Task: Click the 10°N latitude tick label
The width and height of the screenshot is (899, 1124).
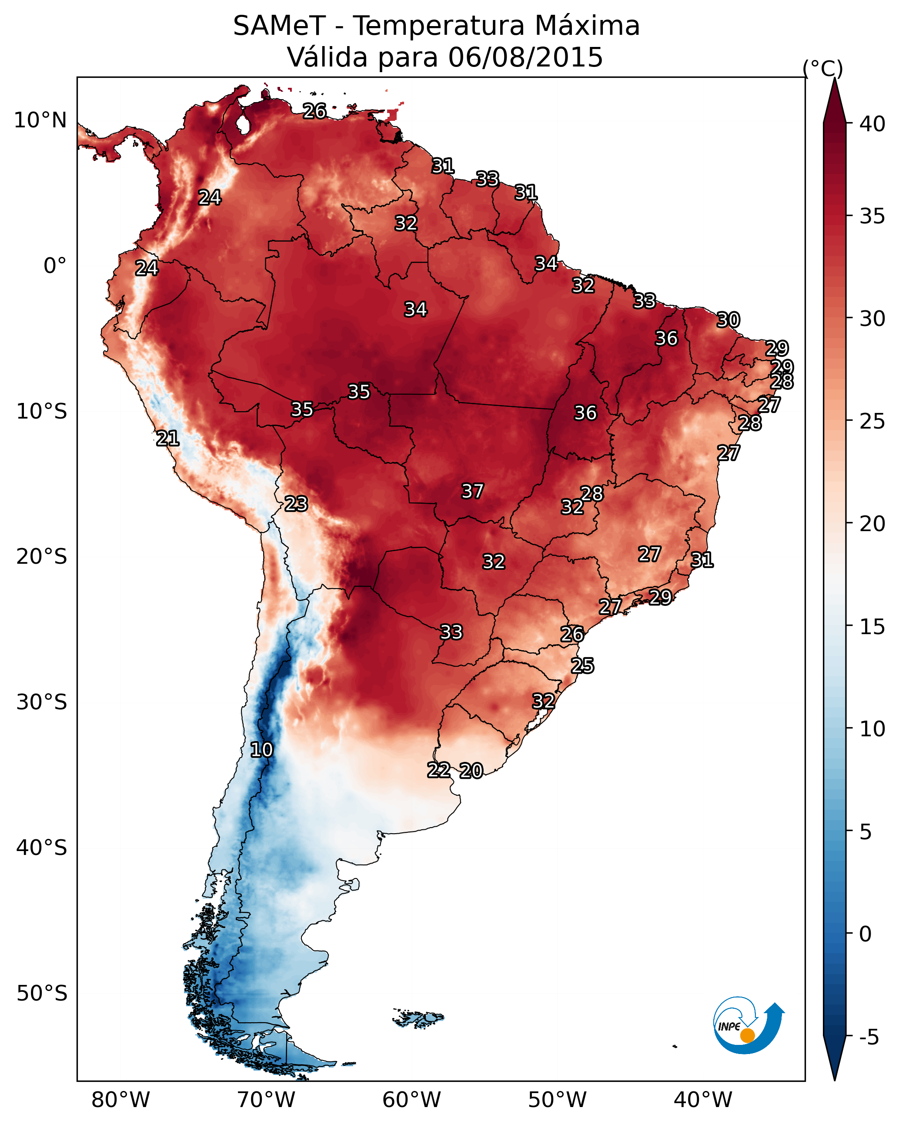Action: (x=40, y=120)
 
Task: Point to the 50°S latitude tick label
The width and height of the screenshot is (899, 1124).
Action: (x=42, y=994)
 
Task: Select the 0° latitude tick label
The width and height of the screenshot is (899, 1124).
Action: (x=55, y=266)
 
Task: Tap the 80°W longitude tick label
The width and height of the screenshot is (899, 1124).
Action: (x=120, y=1100)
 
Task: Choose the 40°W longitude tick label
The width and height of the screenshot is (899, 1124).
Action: (x=703, y=1100)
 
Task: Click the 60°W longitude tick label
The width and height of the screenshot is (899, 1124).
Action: (x=412, y=1100)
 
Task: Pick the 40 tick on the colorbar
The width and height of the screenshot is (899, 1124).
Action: (x=872, y=124)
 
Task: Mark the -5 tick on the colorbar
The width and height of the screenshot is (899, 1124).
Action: (x=869, y=1038)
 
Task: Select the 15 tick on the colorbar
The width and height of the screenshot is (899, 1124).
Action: (x=872, y=627)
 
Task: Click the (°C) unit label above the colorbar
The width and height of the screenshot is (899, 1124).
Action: (x=823, y=68)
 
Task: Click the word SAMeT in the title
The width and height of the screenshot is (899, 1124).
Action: (x=279, y=26)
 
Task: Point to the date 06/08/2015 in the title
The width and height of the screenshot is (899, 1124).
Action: (x=525, y=57)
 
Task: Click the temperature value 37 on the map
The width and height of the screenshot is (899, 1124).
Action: (x=473, y=491)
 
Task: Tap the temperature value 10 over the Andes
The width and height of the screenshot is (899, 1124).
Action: (x=261, y=750)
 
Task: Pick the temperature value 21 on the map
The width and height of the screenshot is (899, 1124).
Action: (x=168, y=439)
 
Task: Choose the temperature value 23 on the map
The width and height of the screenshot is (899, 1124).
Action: (x=296, y=504)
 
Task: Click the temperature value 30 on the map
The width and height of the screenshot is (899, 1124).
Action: (x=729, y=319)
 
